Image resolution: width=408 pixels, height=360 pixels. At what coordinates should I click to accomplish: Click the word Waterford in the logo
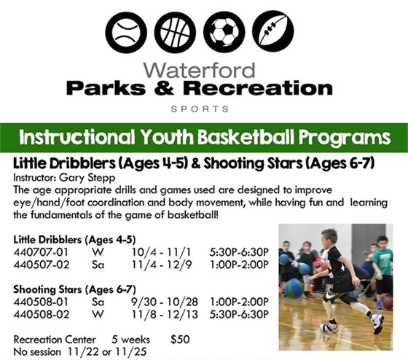pos(200,71)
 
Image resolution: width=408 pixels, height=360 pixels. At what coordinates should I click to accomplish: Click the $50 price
pos(179,338)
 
